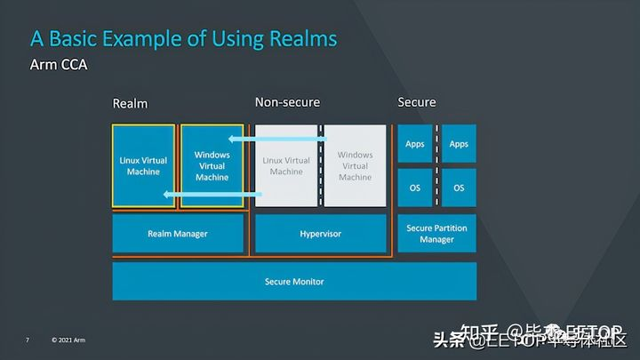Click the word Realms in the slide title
(298, 38)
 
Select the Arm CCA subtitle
(58, 65)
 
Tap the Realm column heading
(130, 103)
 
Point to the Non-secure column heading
(287, 102)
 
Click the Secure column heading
(416, 102)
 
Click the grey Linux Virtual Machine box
(286, 165)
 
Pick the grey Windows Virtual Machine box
(356, 165)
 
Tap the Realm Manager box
(178, 234)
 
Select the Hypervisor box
(320, 234)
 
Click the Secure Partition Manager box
(436, 234)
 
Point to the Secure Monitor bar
(294, 282)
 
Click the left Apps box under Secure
(414, 144)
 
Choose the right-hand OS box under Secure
(459, 188)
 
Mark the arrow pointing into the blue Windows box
(276, 139)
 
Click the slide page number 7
(28, 340)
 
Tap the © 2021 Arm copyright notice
(68, 340)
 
